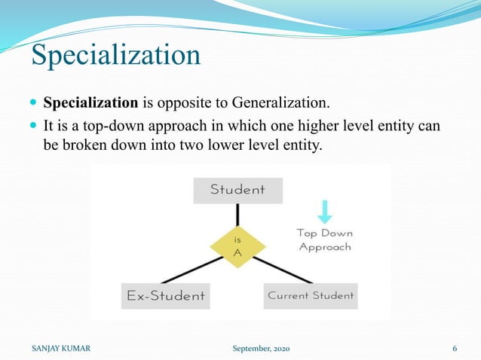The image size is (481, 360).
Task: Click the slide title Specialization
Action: pos(115,56)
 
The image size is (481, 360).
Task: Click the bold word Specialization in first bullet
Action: pos(90,102)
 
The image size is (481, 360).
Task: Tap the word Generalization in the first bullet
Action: pos(280,102)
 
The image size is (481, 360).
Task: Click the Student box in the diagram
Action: pos(237,190)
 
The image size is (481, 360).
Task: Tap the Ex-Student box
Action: pos(165,295)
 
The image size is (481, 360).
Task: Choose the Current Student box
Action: pos(311,295)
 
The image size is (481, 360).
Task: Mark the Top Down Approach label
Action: pos(325,239)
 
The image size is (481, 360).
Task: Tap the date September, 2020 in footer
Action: pos(259,349)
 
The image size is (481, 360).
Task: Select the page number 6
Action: pos(455,349)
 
